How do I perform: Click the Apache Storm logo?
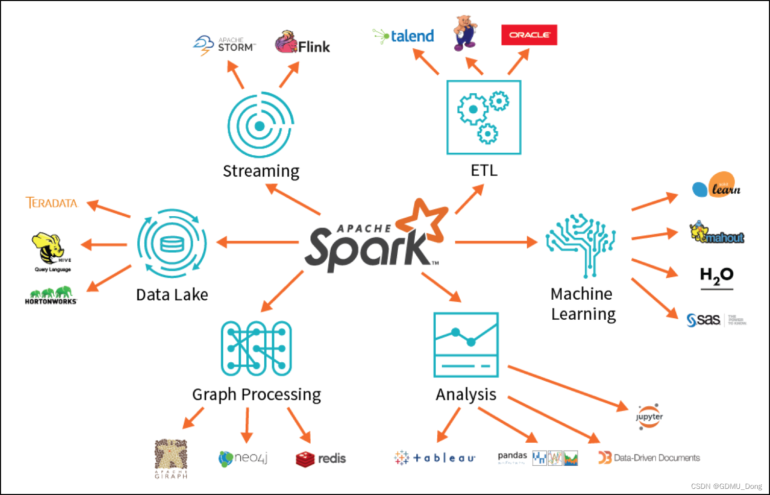[224, 45]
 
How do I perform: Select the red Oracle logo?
[529, 35]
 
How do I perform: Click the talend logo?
[404, 36]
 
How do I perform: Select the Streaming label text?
[261, 171]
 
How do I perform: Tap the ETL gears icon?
[483, 117]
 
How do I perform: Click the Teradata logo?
[52, 203]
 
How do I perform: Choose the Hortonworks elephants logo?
[51, 296]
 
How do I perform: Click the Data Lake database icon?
[172, 243]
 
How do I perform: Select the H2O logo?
[716, 277]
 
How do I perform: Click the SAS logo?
[704, 320]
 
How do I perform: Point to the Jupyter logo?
[649, 417]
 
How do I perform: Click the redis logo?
[320, 459]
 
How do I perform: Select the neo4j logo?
[243, 458]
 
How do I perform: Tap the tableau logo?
[435, 458]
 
